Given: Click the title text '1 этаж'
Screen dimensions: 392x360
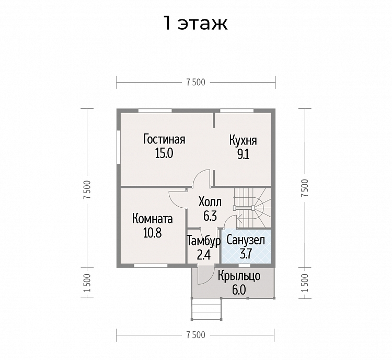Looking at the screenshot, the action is point(195,23).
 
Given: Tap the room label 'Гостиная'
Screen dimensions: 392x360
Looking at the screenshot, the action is point(164,139).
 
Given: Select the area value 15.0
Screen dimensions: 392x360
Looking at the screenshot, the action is point(164,153).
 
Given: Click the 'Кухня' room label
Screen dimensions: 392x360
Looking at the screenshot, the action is point(243,140).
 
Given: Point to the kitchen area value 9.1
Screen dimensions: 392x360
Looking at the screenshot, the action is point(243,154).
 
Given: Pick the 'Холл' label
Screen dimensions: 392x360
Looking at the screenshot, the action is point(210,202).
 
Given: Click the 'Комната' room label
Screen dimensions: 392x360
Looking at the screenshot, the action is point(152,219).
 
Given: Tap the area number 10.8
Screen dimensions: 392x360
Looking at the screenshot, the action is point(153,233).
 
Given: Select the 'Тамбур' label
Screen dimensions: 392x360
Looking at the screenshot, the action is point(204,241).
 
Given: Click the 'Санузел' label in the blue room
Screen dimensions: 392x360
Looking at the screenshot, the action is point(246,240).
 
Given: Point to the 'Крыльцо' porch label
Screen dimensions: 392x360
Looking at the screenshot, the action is point(239,276).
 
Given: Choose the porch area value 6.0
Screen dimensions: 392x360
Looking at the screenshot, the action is point(239,290).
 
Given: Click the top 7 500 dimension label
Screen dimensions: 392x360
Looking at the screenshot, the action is point(195,82).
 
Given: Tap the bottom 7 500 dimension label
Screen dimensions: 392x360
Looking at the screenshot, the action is point(195,335).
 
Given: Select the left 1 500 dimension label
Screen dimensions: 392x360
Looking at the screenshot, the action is point(87,283).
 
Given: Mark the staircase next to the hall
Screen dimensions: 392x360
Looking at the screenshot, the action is point(252,208).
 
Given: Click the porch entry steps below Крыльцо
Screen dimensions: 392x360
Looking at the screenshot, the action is point(206,309).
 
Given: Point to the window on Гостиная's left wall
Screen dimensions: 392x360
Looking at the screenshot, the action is point(119,147).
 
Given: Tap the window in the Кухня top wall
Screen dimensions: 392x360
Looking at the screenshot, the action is point(237,110).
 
